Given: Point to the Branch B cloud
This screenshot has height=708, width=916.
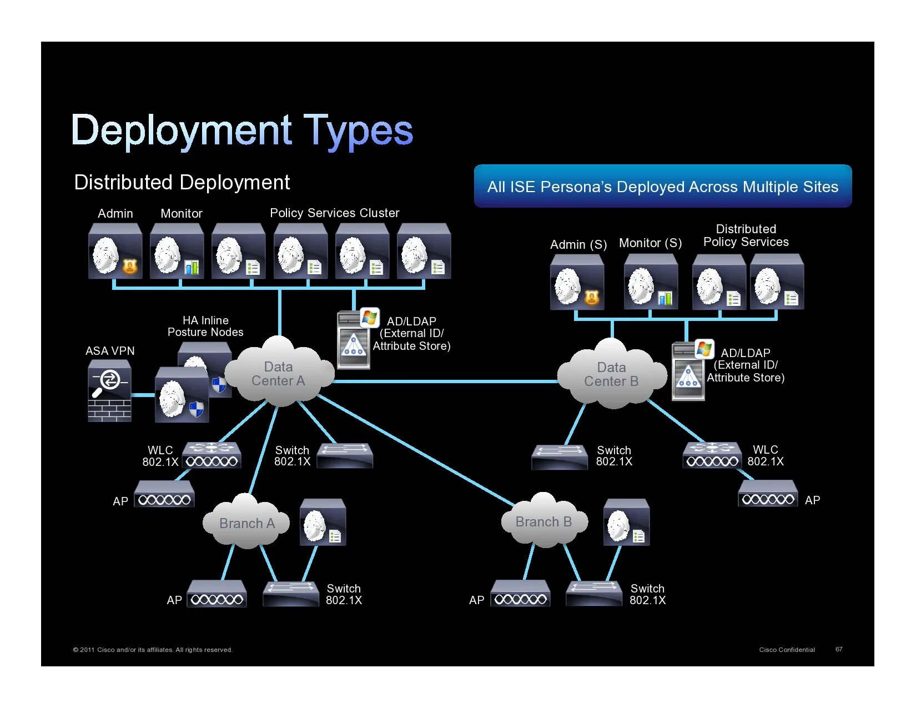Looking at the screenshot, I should point(543,521).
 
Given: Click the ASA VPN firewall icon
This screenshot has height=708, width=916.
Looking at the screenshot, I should point(110,390).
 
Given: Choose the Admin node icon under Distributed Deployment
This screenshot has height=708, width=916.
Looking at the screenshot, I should point(115,251).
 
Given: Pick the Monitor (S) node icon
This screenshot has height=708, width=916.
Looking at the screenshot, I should point(651,282).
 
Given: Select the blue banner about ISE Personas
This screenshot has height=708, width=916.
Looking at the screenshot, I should point(662,187).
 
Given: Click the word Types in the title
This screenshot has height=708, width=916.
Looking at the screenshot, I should point(358,131).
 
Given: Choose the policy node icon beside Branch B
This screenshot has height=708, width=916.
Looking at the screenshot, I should point(626,522).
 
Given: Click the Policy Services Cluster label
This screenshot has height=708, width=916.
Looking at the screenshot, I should point(334,213).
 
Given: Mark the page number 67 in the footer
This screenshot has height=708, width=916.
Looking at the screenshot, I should point(839,649).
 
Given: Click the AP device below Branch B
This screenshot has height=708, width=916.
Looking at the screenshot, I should point(520,594).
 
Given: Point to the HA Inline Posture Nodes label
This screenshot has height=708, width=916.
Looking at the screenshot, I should point(205,326).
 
